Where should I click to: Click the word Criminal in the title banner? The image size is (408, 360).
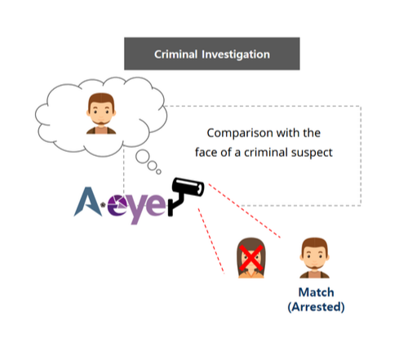pos(175,55)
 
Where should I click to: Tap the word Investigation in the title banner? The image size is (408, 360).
pos(236,55)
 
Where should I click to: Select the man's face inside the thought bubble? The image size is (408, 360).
pos(101,113)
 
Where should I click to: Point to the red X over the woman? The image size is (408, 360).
pos(251,257)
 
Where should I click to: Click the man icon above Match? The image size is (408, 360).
pos(314,258)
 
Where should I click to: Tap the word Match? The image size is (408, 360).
pos(316,292)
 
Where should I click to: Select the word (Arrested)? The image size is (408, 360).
pos(316,307)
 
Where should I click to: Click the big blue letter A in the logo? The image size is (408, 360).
pos(87,202)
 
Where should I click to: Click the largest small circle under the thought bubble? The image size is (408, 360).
pos(143,157)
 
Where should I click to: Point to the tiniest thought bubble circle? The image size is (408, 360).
pos(158,171)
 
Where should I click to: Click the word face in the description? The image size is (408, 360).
pos(206,153)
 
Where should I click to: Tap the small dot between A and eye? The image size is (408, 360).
pos(103,205)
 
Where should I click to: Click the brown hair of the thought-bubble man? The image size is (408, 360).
pos(101,100)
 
